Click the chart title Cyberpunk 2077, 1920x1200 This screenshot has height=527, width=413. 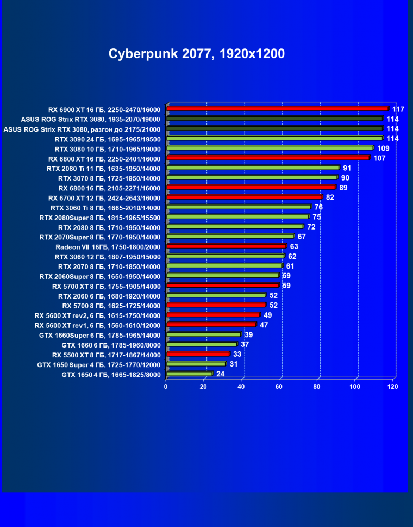click(x=197, y=54)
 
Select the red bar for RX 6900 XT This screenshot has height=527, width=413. click(x=277, y=109)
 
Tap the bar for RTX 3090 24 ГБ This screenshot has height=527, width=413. click(x=274, y=138)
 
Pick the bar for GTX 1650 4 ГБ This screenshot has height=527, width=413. click(x=189, y=374)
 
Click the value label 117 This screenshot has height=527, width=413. click(x=398, y=109)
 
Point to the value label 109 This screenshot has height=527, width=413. click(x=383, y=148)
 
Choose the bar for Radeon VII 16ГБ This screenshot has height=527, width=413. click(x=226, y=246)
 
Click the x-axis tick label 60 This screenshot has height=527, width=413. click(x=279, y=387)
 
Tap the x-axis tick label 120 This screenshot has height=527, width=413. click(x=392, y=387)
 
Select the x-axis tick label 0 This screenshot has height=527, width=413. click(x=166, y=387)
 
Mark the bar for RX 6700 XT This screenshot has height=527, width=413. click(x=244, y=197)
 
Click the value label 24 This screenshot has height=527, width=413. click(x=221, y=374)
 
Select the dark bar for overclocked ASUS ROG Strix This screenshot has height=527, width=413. click(x=274, y=128)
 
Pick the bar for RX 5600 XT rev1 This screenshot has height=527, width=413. click(x=211, y=325)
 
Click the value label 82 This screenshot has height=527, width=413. click(x=330, y=197)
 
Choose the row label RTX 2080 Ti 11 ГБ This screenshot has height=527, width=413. click(x=103, y=168)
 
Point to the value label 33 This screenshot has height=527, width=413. click(x=237, y=355)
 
